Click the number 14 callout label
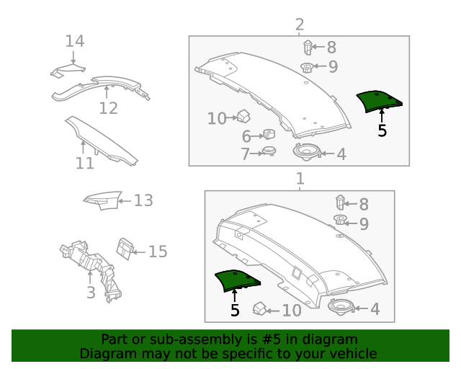75,41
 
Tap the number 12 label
108,108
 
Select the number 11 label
85,163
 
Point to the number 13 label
143,200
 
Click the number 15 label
158,252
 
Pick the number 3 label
91,293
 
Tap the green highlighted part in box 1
237,280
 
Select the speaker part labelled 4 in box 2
306,152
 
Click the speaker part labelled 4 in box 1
341,307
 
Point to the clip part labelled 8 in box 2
307,48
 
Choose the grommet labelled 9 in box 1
340,220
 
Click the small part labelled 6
268,134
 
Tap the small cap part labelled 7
269,151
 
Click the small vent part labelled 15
125,249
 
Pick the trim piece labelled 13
102,200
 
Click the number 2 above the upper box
300,25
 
